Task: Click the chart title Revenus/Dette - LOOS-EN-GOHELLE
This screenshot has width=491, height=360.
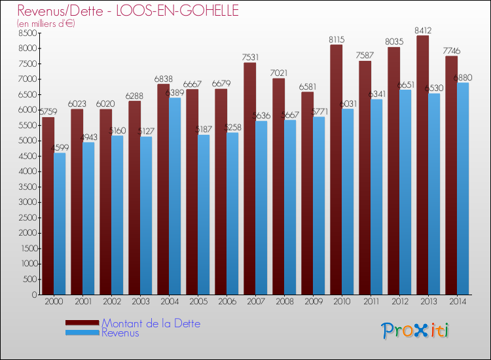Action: point(128,11)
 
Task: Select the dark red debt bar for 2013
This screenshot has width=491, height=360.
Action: point(422,164)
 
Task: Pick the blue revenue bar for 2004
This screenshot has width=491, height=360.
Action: point(174,196)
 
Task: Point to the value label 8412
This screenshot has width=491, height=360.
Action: point(423,29)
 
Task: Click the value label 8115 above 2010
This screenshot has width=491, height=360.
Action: point(336,39)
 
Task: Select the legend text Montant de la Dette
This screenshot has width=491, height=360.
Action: point(151,323)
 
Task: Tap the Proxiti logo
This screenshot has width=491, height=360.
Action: point(414,331)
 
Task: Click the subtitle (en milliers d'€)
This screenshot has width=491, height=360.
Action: point(46,24)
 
